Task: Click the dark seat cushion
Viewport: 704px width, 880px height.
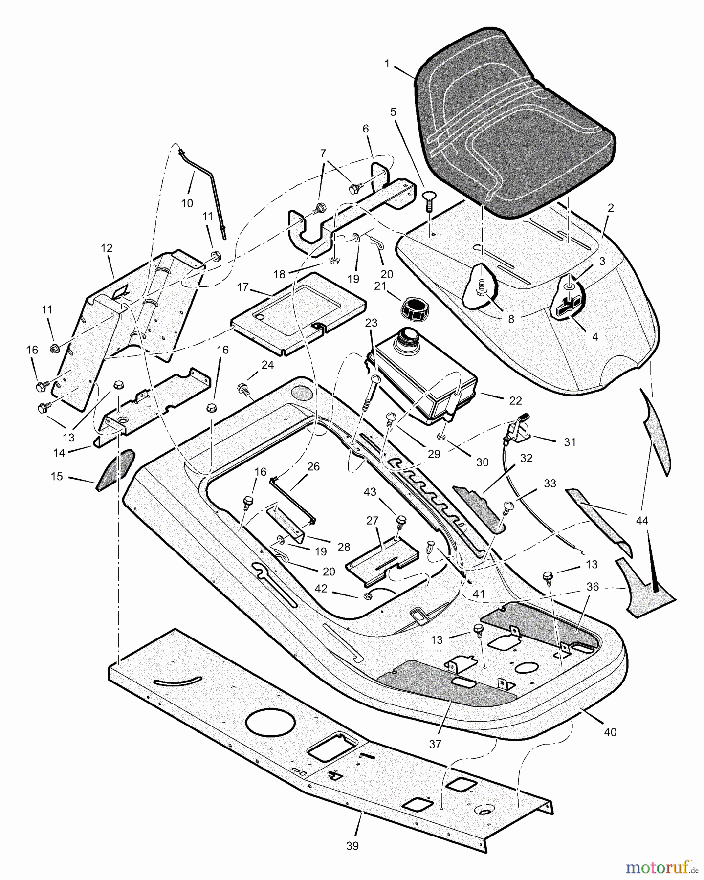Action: pyautogui.click(x=513, y=122)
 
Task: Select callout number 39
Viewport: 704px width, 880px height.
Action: pyautogui.click(x=352, y=845)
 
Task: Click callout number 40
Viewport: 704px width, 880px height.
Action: pyautogui.click(x=610, y=732)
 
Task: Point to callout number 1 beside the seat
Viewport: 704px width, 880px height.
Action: pyautogui.click(x=387, y=64)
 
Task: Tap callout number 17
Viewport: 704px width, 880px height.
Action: pyautogui.click(x=243, y=287)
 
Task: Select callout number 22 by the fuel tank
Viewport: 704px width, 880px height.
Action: pyautogui.click(x=515, y=400)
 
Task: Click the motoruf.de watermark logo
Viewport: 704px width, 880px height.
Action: pyautogui.click(x=662, y=867)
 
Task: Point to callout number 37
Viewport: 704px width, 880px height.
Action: pyautogui.click(x=435, y=744)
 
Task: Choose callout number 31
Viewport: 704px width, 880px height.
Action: pyautogui.click(x=570, y=442)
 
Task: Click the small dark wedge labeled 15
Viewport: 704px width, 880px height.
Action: pyautogui.click(x=116, y=470)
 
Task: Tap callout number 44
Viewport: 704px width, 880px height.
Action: pyautogui.click(x=642, y=521)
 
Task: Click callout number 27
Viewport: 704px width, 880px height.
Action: pyautogui.click(x=373, y=521)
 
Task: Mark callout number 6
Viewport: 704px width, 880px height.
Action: pyautogui.click(x=366, y=129)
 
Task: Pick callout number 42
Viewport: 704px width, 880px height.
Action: pyautogui.click(x=321, y=589)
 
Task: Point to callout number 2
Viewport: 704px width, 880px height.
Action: pyautogui.click(x=611, y=207)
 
